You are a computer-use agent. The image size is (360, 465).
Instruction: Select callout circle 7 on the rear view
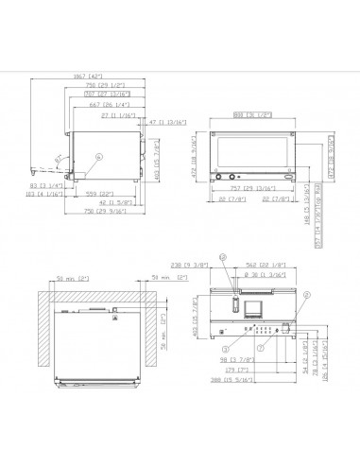pos(262,349)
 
